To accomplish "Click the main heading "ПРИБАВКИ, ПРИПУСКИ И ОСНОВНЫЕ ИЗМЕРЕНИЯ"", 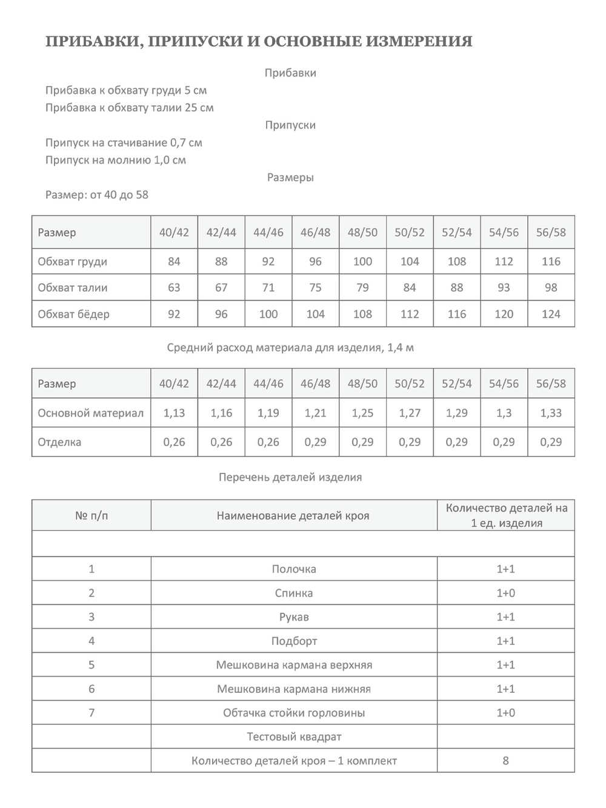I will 259,42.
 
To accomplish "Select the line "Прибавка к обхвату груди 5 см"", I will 126,90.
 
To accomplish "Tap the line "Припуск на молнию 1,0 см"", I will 116,160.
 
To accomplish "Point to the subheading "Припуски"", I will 290,125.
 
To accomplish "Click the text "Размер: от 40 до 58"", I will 97,195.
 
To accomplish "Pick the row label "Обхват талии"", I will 73,287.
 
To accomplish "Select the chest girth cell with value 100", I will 362,261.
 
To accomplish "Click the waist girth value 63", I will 174,287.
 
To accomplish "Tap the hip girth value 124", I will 551,314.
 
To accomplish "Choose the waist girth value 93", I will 504,287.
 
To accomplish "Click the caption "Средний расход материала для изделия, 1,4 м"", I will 290,348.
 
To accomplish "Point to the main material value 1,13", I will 174,413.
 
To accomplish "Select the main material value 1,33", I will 551,413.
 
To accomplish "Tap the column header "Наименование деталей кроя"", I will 293,516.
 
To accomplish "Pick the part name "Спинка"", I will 294,593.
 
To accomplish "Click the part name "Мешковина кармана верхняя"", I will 294,665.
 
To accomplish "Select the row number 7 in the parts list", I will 92,713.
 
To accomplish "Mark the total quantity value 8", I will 506,761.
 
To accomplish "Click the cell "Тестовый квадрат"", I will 294,737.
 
